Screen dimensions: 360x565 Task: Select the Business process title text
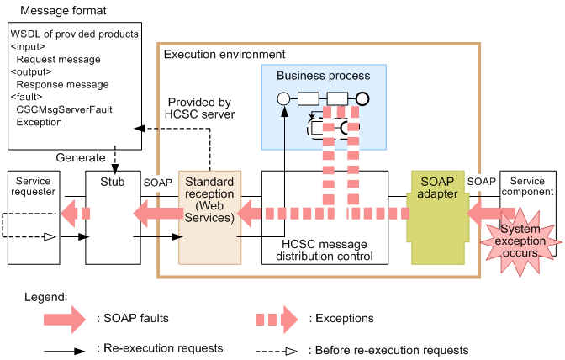click(323, 76)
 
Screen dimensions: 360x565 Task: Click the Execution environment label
click(224, 54)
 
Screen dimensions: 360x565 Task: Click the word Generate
click(81, 157)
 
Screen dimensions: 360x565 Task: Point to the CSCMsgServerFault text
click(64, 109)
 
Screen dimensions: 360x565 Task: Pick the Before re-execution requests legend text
click(389, 349)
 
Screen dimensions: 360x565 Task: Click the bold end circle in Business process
click(362, 98)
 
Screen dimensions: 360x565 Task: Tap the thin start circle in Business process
click(283, 98)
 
